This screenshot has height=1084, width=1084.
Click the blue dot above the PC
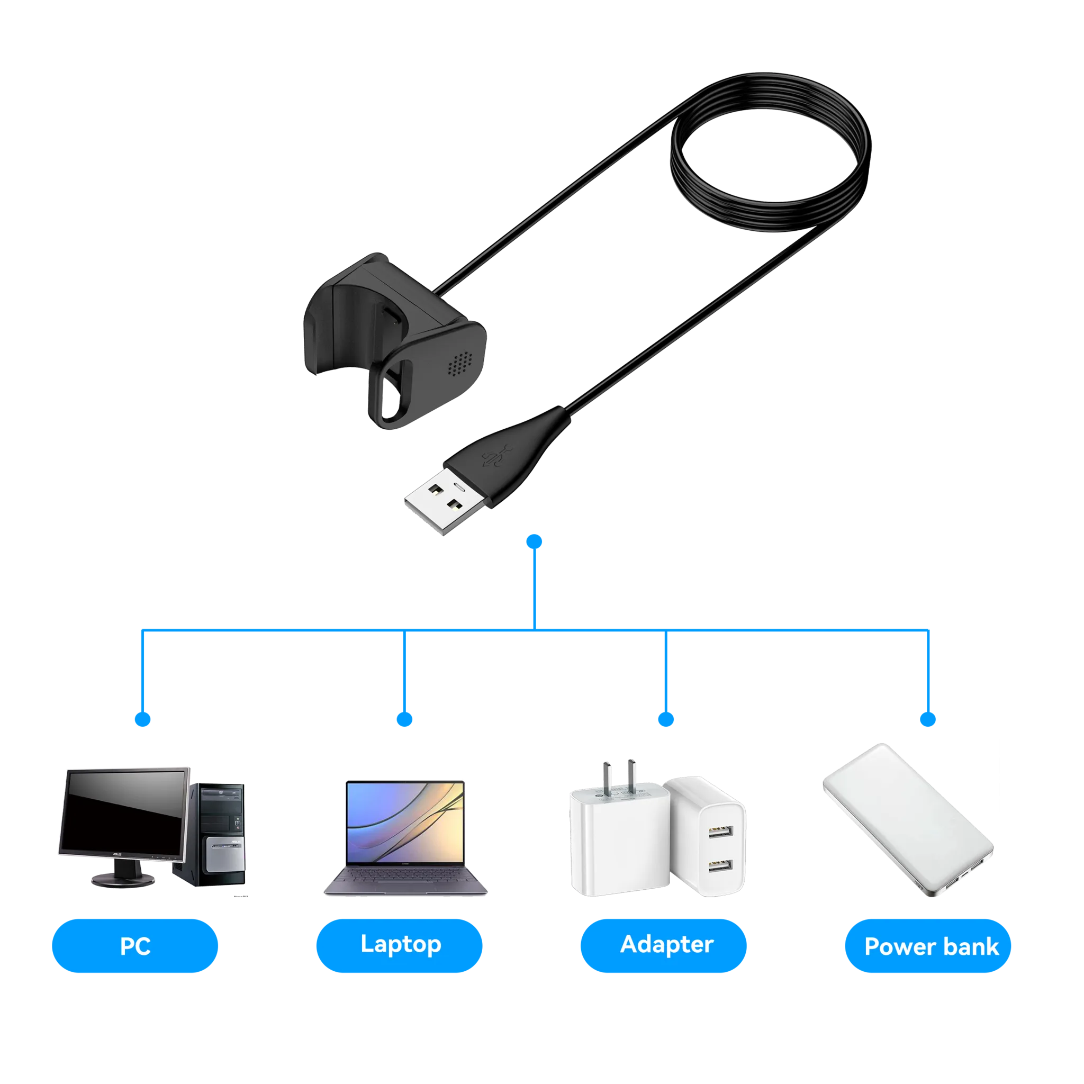142,719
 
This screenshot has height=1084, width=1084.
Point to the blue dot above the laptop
404,719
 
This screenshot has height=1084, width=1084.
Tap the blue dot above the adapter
666,719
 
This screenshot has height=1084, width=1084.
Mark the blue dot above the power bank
928,719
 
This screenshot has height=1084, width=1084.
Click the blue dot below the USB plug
534,541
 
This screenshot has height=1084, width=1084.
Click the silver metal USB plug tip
445,501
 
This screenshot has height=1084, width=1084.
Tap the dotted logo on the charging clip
460,364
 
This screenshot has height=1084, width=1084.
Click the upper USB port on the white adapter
720,831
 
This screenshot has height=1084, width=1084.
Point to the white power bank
908,820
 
